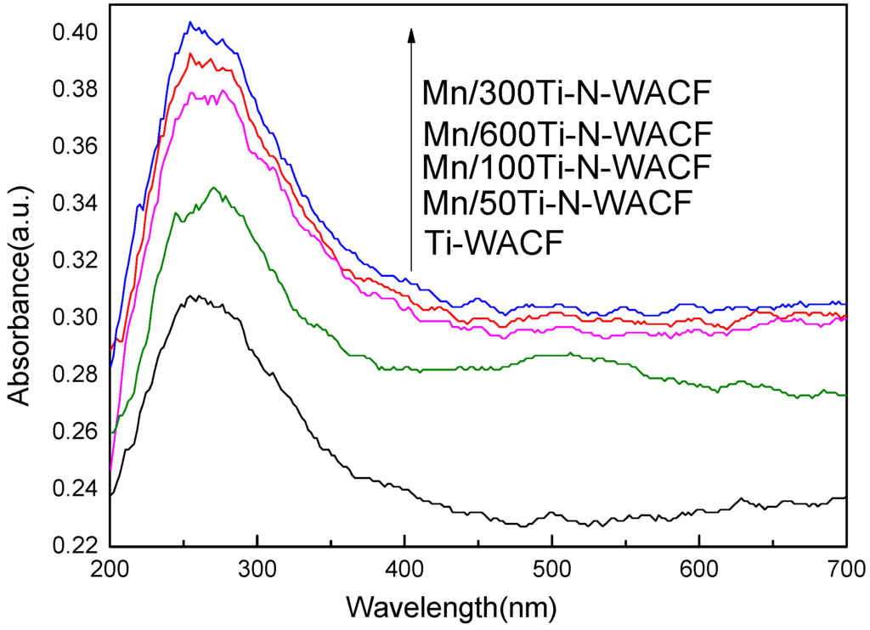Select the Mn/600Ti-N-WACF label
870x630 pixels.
[x=566, y=135]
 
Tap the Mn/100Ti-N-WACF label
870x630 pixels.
[x=566, y=167]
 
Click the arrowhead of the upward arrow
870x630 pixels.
[x=411, y=34]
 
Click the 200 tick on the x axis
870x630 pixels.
[x=110, y=567]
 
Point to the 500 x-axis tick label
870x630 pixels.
[x=551, y=567]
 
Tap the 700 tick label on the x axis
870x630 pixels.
[x=845, y=567]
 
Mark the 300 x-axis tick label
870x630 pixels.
[x=257, y=567]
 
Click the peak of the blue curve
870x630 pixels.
[x=190, y=22]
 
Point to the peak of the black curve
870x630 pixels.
[x=196, y=295]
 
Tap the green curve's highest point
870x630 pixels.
[x=213, y=188]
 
